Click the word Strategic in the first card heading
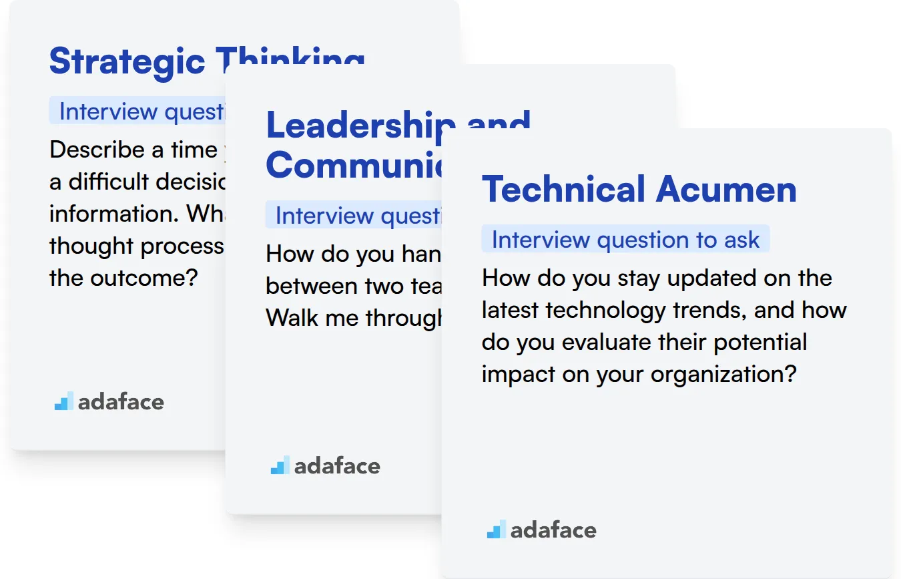[x=127, y=61]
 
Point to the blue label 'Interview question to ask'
[x=625, y=240]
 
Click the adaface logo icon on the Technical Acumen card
[x=496, y=530]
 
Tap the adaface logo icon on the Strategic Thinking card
[x=64, y=401]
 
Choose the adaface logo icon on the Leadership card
[x=280, y=465]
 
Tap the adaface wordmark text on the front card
[x=553, y=530]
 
